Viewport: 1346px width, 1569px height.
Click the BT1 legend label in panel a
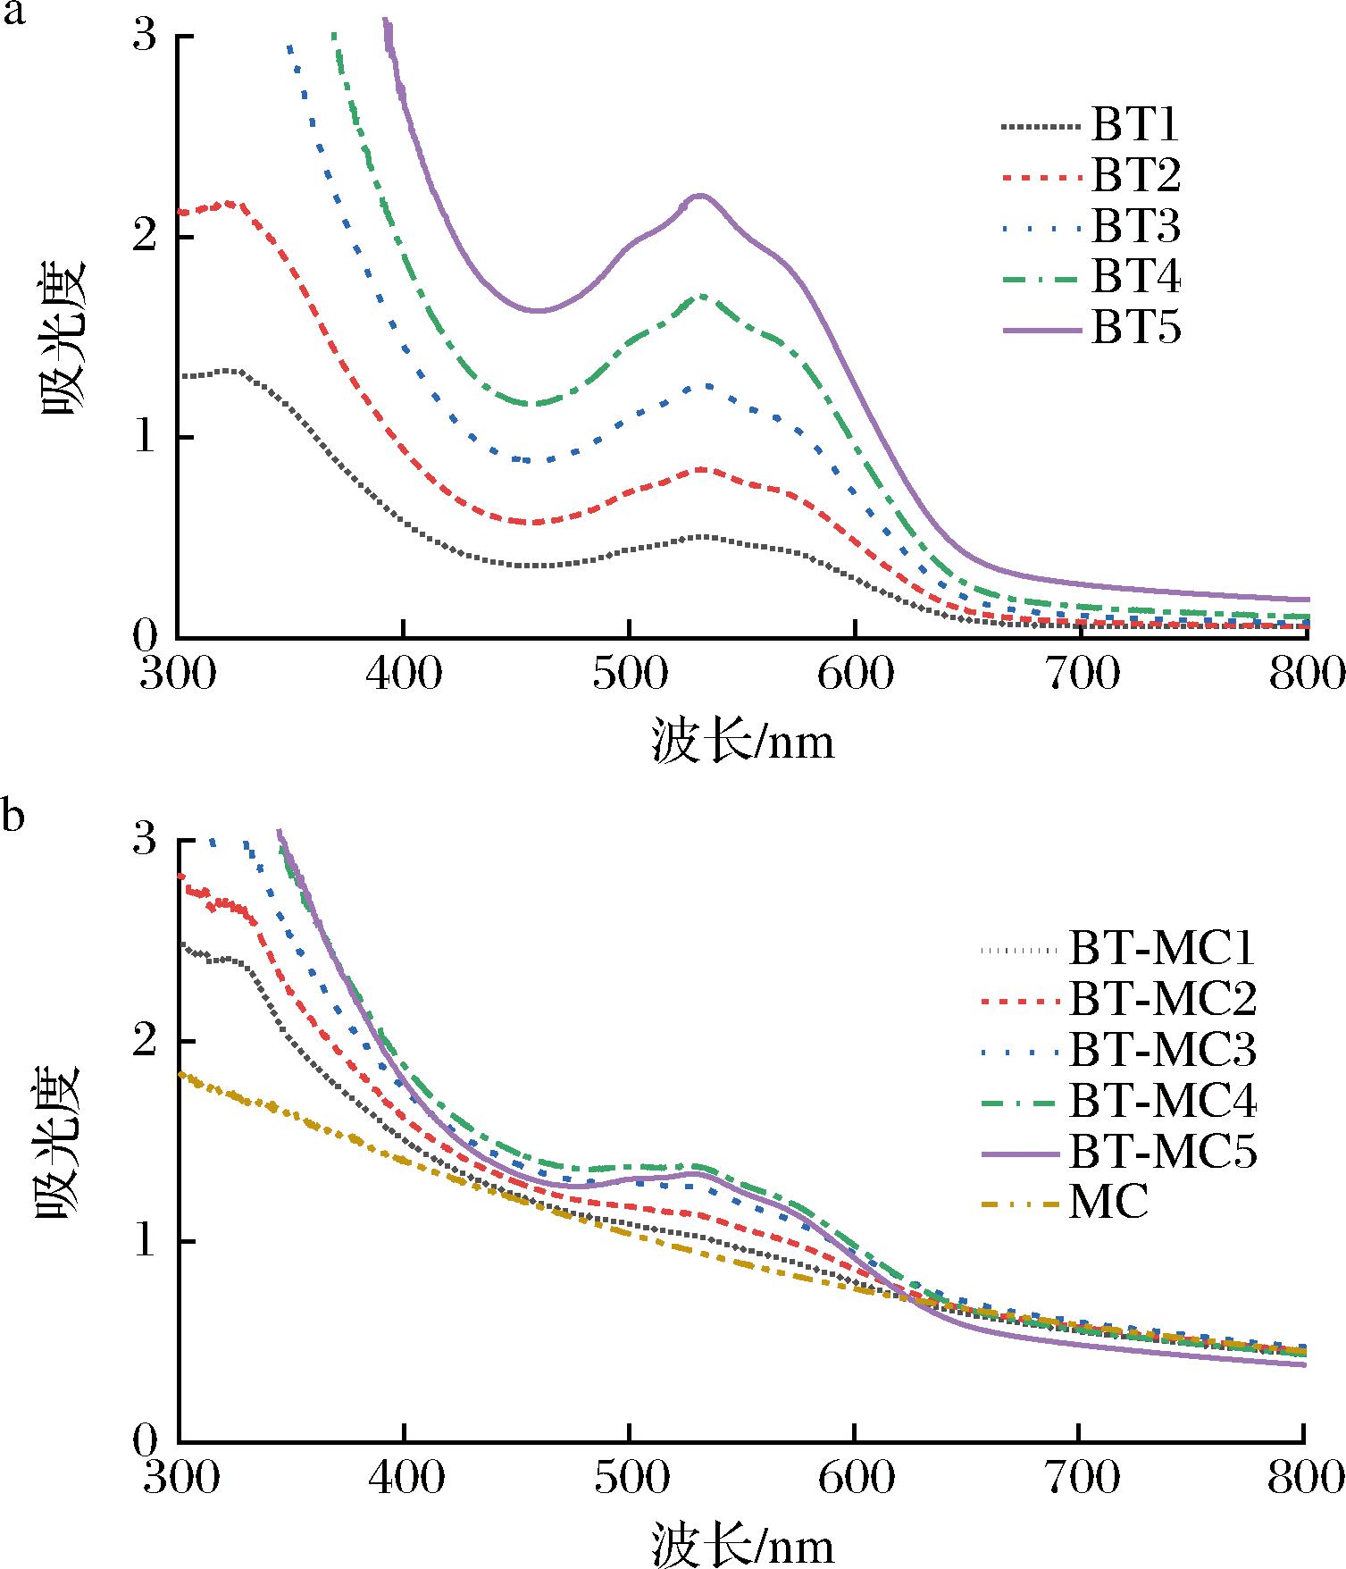1134,126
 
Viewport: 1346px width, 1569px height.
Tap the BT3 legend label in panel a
1135,228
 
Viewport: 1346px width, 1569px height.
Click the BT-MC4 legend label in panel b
1162,1103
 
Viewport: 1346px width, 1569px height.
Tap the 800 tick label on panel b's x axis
1306,1479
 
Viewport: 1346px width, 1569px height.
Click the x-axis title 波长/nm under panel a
743,741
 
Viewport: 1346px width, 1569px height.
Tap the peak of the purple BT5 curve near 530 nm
699,195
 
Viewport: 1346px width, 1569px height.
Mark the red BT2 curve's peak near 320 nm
230,204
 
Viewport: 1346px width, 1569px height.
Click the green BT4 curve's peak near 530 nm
705,296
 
